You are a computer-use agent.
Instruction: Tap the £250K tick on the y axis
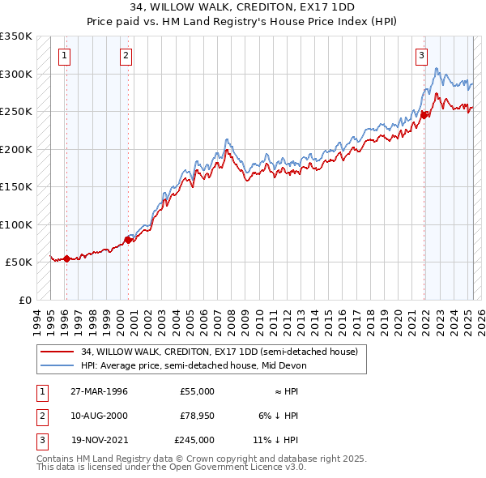click(x=16, y=112)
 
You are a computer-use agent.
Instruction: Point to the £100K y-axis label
click(x=16, y=224)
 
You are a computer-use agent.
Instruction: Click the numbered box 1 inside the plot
click(x=64, y=56)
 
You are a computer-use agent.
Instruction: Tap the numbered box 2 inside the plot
click(x=126, y=56)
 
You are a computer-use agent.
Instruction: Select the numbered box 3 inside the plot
click(x=422, y=56)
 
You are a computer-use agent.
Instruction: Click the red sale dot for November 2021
click(x=424, y=115)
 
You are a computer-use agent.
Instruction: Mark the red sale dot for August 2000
click(x=128, y=240)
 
